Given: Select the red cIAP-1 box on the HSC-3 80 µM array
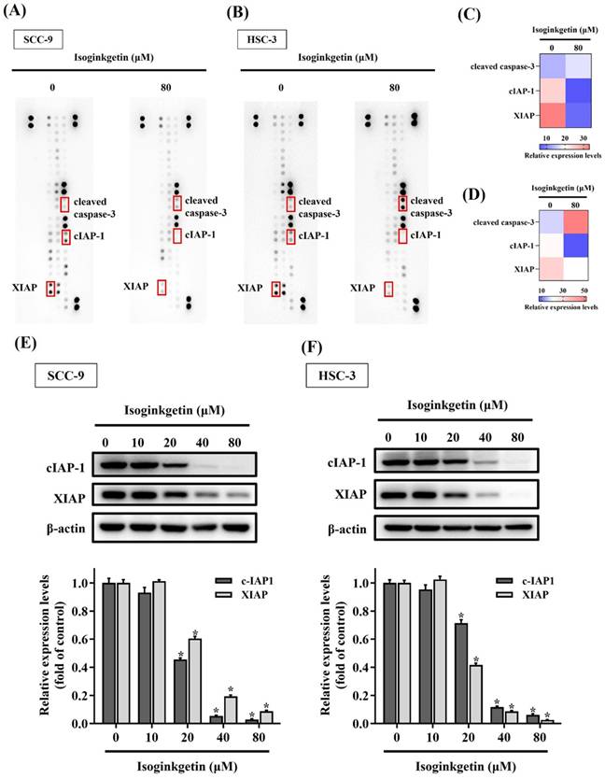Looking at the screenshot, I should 402,236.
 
